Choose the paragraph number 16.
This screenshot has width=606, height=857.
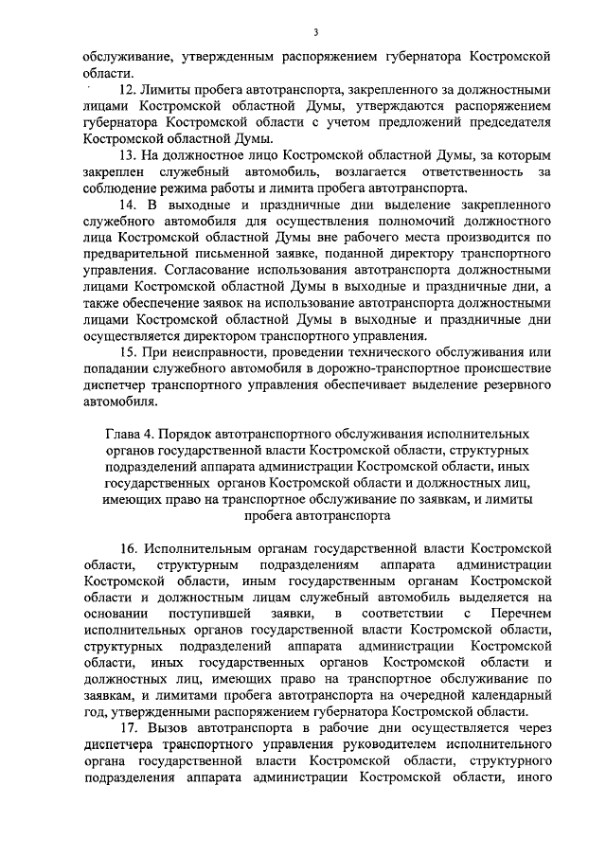click(x=128, y=548)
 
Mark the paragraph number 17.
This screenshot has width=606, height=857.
click(x=128, y=728)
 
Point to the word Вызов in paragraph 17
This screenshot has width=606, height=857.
click(x=167, y=728)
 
